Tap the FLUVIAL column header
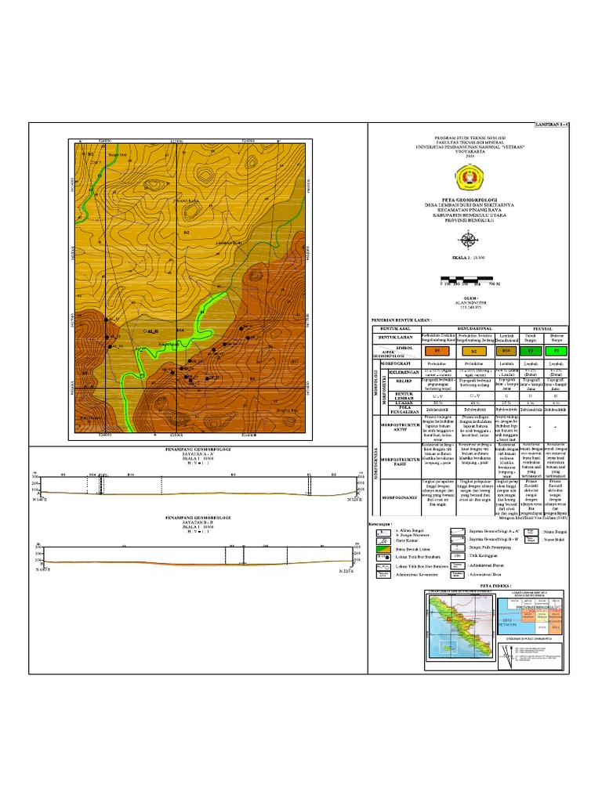(544, 329)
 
